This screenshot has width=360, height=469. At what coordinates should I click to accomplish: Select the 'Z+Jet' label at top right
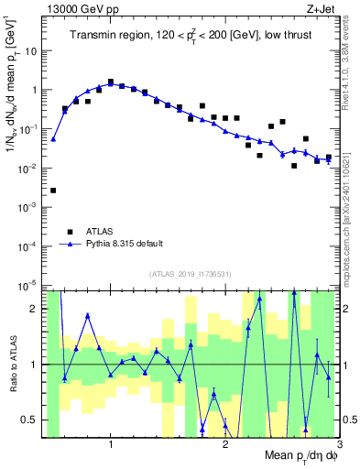pyautogui.click(x=320, y=9)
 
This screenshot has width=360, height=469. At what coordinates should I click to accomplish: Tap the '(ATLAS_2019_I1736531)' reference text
pyautogui.click(x=190, y=273)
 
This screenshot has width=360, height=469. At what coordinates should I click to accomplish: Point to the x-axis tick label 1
pyautogui.click(x=111, y=446)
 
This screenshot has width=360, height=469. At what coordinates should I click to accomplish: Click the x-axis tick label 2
pyautogui.click(x=225, y=446)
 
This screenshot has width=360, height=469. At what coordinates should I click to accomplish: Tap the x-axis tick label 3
pyautogui.click(x=339, y=446)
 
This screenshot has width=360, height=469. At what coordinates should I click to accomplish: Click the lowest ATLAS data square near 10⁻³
pyautogui.click(x=53, y=191)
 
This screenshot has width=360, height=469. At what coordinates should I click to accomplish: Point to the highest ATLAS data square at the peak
pyautogui.click(x=111, y=82)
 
